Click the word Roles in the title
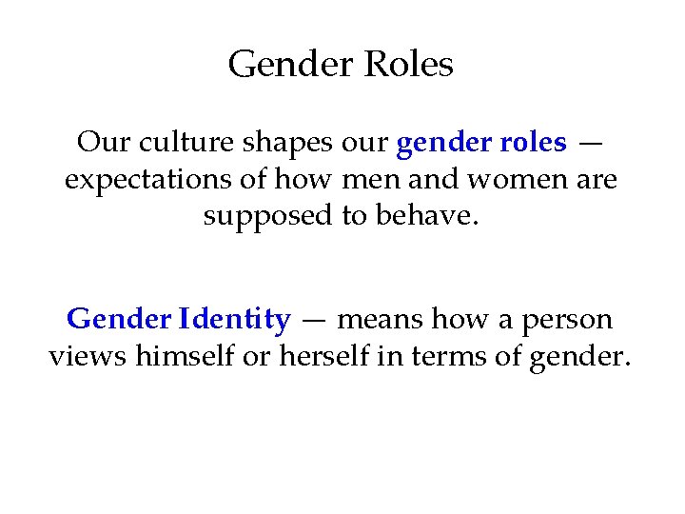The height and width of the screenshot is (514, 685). coord(408,65)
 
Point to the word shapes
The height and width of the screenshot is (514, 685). coord(277,144)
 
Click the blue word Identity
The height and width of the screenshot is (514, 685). coord(235,319)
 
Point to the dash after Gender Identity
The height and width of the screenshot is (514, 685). coord(314,321)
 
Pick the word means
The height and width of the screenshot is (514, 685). coord(382,320)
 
